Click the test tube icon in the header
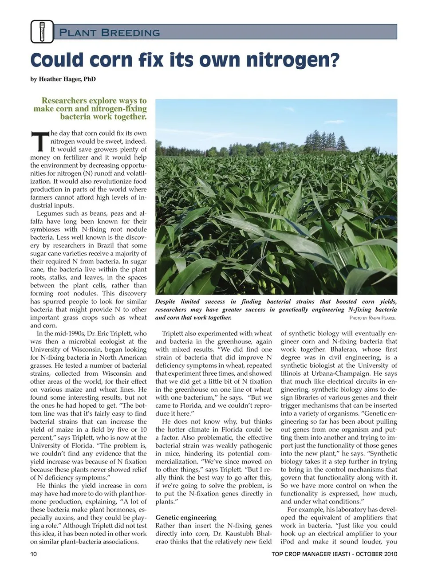42,32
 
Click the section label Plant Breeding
109,33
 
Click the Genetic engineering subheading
186,517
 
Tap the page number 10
34,554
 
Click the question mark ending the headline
334,60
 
